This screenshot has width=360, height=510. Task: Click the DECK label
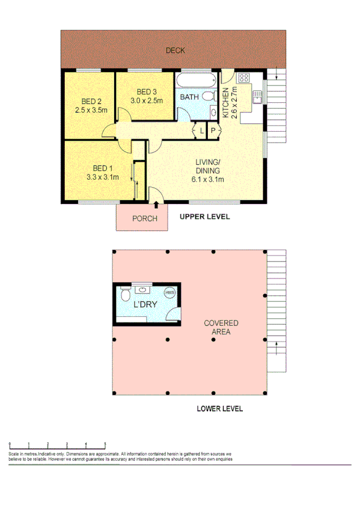[x=175, y=51]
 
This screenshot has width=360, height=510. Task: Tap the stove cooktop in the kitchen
[x=244, y=77]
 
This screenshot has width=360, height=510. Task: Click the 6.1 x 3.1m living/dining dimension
[x=209, y=179]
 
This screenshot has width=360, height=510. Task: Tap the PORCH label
[x=144, y=218]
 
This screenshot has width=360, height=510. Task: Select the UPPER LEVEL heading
[x=205, y=217]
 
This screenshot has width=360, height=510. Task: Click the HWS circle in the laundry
[x=170, y=293]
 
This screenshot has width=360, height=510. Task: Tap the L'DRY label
[x=145, y=304]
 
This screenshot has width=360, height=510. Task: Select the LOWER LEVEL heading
[x=219, y=408]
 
